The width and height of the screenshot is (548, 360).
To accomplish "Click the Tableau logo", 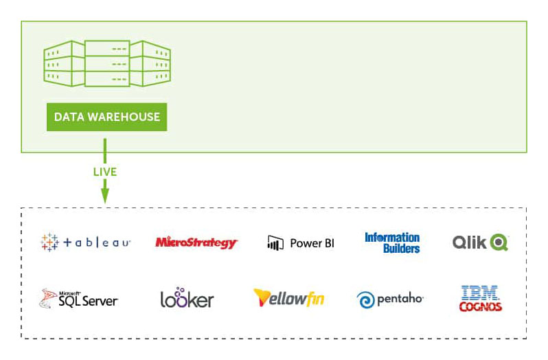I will [86, 243].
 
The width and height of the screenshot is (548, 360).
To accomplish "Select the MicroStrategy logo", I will [196, 243].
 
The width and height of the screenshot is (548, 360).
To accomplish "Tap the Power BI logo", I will [300, 243].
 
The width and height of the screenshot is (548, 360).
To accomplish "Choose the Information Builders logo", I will [392, 243].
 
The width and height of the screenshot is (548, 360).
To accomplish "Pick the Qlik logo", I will [480, 243].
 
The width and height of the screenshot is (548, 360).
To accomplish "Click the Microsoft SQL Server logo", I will [79, 298].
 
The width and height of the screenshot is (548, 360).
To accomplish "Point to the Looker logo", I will [187, 298].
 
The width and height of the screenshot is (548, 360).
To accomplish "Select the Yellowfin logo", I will [288, 298].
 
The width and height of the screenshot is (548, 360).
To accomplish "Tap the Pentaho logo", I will [390, 299].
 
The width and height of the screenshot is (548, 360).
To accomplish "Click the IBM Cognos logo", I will [480, 298].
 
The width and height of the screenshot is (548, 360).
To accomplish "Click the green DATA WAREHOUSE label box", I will [107, 117].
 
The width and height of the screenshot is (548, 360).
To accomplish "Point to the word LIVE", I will [105, 172].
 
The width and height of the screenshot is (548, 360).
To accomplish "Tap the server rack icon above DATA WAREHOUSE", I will [107, 63].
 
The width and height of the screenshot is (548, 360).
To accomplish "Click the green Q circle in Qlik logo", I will [499, 243].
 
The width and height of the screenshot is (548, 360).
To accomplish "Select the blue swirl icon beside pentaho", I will [365, 300].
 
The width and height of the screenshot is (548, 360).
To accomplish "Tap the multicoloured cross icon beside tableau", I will [49, 243].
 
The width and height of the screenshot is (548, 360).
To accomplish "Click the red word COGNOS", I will [480, 307].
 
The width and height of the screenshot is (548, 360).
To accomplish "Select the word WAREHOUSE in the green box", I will [126, 117].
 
